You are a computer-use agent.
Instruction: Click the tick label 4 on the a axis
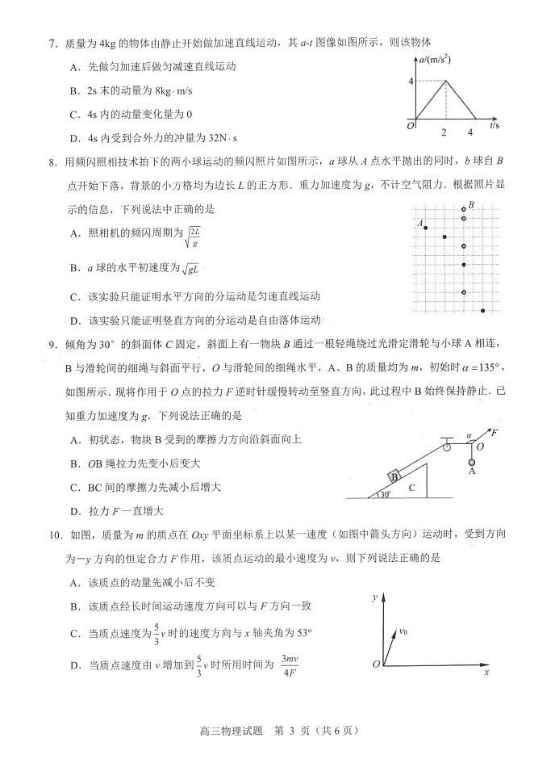pyautogui.click(x=411, y=81)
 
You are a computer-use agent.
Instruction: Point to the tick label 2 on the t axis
pyautogui.click(x=444, y=132)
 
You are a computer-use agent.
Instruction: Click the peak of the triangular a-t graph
pyautogui.click(x=444, y=81)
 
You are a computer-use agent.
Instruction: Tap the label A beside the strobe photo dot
pyautogui.click(x=420, y=223)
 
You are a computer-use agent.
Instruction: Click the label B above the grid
pyautogui.click(x=470, y=205)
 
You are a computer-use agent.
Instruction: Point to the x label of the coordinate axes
pyautogui.click(x=487, y=672)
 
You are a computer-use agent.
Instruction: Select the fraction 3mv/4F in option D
pyautogui.click(x=290, y=664)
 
